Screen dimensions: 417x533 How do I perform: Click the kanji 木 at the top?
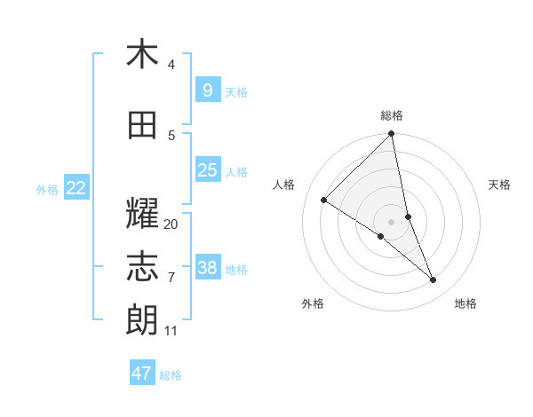point(142,55)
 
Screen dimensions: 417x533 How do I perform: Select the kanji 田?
point(142,126)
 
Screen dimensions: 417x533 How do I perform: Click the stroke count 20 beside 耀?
point(171,224)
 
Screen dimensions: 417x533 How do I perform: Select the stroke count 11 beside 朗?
point(171,331)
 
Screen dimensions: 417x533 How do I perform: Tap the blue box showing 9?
point(207,90)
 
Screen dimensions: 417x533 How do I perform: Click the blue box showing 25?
point(207,170)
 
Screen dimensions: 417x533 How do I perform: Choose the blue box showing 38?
point(207,268)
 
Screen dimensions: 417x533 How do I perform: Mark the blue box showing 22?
point(76,188)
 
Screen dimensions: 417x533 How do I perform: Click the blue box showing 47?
point(141,374)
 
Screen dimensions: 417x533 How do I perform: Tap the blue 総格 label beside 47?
point(171,375)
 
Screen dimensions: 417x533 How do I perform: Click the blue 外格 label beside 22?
point(47,190)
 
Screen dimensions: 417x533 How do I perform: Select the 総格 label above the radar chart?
point(392,115)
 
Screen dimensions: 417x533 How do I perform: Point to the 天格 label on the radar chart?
point(499,185)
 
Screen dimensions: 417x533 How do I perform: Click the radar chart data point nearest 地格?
point(434,280)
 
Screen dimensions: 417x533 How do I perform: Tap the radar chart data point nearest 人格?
point(324,201)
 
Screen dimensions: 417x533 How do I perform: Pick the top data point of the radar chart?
point(392,134)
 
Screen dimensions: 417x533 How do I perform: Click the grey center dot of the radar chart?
point(392,221)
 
